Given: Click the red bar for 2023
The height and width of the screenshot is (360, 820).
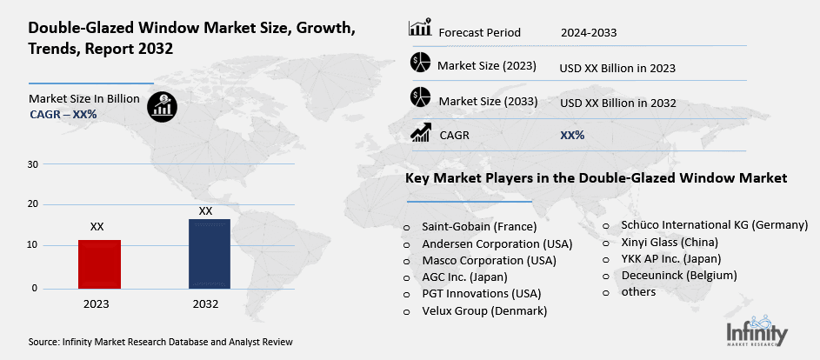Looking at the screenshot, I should [x=99, y=264].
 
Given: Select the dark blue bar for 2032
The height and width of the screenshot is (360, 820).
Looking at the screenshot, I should [x=209, y=254].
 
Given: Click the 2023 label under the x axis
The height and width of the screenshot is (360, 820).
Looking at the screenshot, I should [x=97, y=304].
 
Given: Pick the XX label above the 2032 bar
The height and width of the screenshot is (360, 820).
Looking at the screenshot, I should [x=206, y=211].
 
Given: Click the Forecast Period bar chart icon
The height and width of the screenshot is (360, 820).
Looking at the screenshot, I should [x=420, y=29].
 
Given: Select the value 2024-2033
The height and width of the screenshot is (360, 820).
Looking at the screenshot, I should [x=589, y=33].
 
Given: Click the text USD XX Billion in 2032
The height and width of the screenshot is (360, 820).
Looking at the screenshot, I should [x=618, y=103].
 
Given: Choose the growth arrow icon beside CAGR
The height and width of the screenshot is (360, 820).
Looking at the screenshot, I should [x=421, y=133].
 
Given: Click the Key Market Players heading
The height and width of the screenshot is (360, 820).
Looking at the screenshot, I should [x=596, y=178].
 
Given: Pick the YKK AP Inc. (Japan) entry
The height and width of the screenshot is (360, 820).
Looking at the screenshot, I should [x=670, y=258].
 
